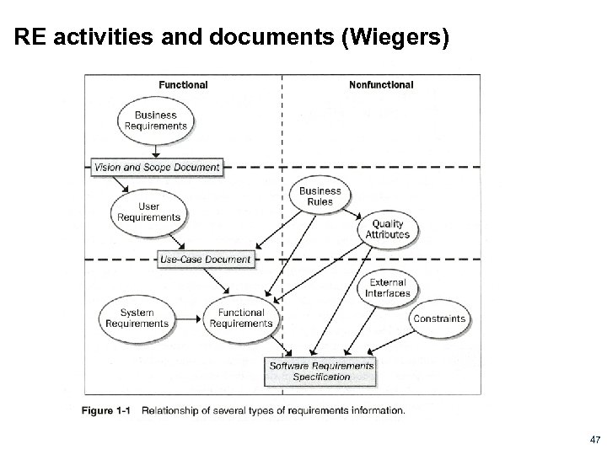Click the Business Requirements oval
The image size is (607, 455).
pyautogui.click(x=156, y=120)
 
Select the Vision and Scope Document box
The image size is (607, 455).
pyautogui.click(x=158, y=167)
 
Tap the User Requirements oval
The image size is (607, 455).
pyautogui.click(x=149, y=211)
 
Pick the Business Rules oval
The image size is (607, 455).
pyautogui.click(x=320, y=196)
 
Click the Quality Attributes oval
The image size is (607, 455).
pyautogui.click(x=388, y=229)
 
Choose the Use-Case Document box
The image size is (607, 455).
pyautogui.click(x=206, y=260)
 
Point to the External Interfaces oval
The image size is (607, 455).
pyautogui.click(x=388, y=288)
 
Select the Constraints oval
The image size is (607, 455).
pyautogui.click(x=438, y=318)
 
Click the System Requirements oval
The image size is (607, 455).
pyautogui.click(x=137, y=318)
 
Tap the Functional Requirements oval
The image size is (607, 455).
pyautogui.click(x=240, y=318)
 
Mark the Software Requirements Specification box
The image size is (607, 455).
pyautogui.click(x=321, y=372)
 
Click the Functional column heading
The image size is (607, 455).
pyautogui.click(x=183, y=84)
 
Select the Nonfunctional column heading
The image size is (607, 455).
pyautogui.click(x=381, y=84)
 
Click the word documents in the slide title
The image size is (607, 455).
pyautogui.click(x=179, y=37)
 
